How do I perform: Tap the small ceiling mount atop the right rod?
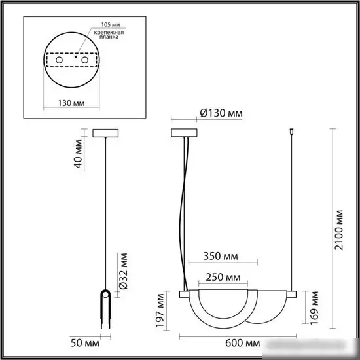coord(291,134)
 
